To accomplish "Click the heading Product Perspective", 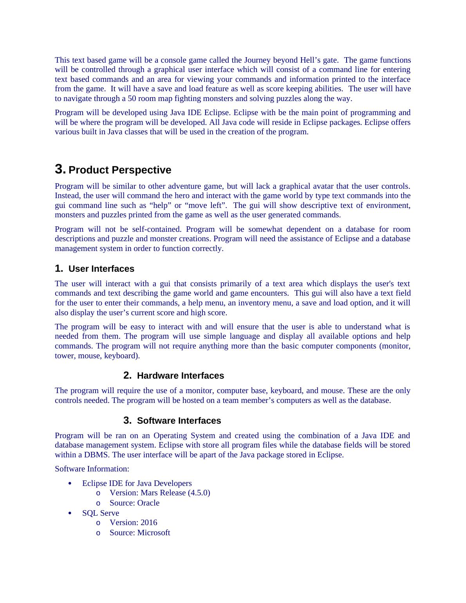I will pyautogui.click(x=120, y=170).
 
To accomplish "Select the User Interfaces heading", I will pyautogui.click(x=101, y=269).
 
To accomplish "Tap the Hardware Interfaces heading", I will pyautogui.click(x=180, y=376).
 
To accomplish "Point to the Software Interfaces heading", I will pyautogui.click(x=179, y=421).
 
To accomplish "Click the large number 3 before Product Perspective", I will pyautogui.click(x=60, y=170).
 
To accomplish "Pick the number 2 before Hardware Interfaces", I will pyautogui.click(x=127, y=375).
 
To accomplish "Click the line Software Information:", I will pyautogui.click(x=92, y=469).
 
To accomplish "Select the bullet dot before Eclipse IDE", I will pyautogui.click(x=70, y=484).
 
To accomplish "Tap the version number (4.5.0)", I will pyautogui.click(x=199, y=493).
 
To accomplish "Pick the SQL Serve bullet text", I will pyautogui.click(x=101, y=513).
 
